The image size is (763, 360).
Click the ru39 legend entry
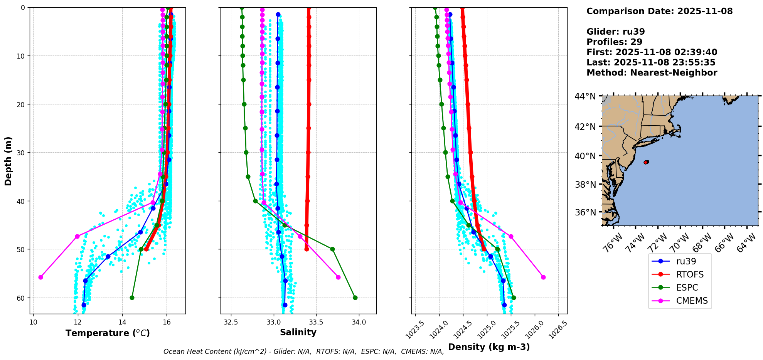pyautogui.click(x=686, y=261)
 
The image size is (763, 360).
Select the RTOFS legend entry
pyautogui.click(x=689, y=274)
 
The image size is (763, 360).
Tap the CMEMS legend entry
pyautogui.click(x=692, y=301)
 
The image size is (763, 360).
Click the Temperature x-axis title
pyautogui.click(x=108, y=333)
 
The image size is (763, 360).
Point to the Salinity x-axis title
pyautogui.click(x=298, y=332)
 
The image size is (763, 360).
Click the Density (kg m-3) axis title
pyautogui.click(x=489, y=347)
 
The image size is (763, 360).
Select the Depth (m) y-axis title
pyautogui.click(x=8, y=161)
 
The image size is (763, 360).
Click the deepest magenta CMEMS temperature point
pyautogui.click(x=40, y=277)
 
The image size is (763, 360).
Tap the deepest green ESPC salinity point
pyautogui.click(x=355, y=298)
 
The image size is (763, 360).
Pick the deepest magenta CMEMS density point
pyautogui.click(x=543, y=277)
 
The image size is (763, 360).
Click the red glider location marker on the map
pyautogui.click(x=646, y=162)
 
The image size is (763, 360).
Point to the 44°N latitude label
pyautogui.click(x=585, y=96)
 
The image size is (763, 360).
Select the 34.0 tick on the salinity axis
pyautogui.click(x=359, y=322)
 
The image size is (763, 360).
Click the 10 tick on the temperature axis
pyautogui.click(x=33, y=322)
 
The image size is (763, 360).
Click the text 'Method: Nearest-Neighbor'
pyautogui.click(x=652, y=73)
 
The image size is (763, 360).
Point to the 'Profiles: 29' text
pyautogui.click(x=614, y=42)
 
